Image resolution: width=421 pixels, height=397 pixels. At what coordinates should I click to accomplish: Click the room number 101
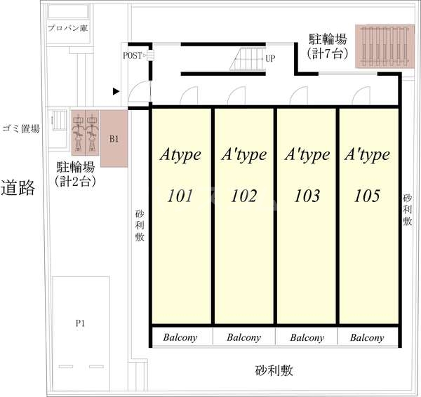[x=181, y=195]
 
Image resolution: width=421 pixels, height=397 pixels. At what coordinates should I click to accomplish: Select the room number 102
[x=243, y=195]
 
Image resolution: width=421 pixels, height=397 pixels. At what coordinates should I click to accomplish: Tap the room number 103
[x=306, y=195]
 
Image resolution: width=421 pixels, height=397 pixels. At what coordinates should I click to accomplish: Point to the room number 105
[x=368, y=195]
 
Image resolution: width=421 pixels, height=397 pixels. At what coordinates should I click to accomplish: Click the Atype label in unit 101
[x=181, y=154]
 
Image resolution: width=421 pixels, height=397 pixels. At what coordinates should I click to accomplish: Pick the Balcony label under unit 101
[x=180, y=337]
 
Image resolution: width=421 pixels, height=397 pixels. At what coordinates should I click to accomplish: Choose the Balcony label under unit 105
[x=367, y=337]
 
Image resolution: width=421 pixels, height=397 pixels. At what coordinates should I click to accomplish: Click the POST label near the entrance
[x=132, y=55]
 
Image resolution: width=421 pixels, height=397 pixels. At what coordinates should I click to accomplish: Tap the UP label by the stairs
[x=269, y=59]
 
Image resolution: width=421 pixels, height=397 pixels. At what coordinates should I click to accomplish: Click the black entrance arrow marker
[x=116, y=90]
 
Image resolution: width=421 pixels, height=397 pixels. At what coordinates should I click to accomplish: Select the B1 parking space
[x=114, y=138]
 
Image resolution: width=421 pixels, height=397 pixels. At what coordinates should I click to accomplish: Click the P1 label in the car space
[x=81, y=323]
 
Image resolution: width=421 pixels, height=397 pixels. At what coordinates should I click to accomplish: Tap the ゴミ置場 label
[x=21, y=128]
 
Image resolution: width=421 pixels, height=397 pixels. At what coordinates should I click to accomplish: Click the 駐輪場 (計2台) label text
[x=75, y=174]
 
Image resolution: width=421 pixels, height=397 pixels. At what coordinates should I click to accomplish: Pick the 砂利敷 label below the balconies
[x=274, y=370]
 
